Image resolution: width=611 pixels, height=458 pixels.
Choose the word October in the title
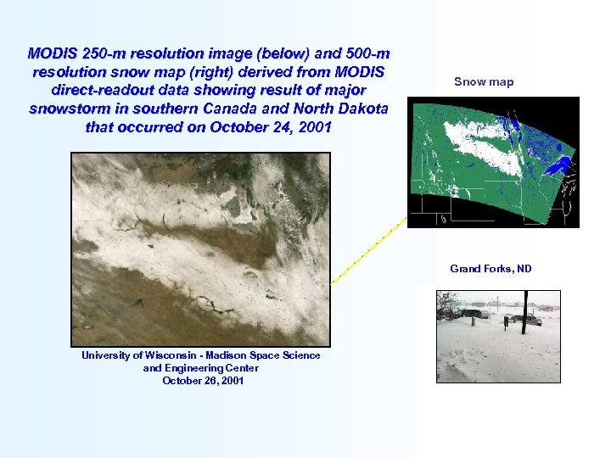pyautogui.click(x=239, y=127)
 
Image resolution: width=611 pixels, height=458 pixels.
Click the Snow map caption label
pyautogui.click(x=484, y=82)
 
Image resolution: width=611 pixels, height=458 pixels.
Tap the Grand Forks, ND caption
pyautogui.click(x=490, y=269)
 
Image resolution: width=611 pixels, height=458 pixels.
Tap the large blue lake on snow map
pyautogui.click(x=556, y=166)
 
